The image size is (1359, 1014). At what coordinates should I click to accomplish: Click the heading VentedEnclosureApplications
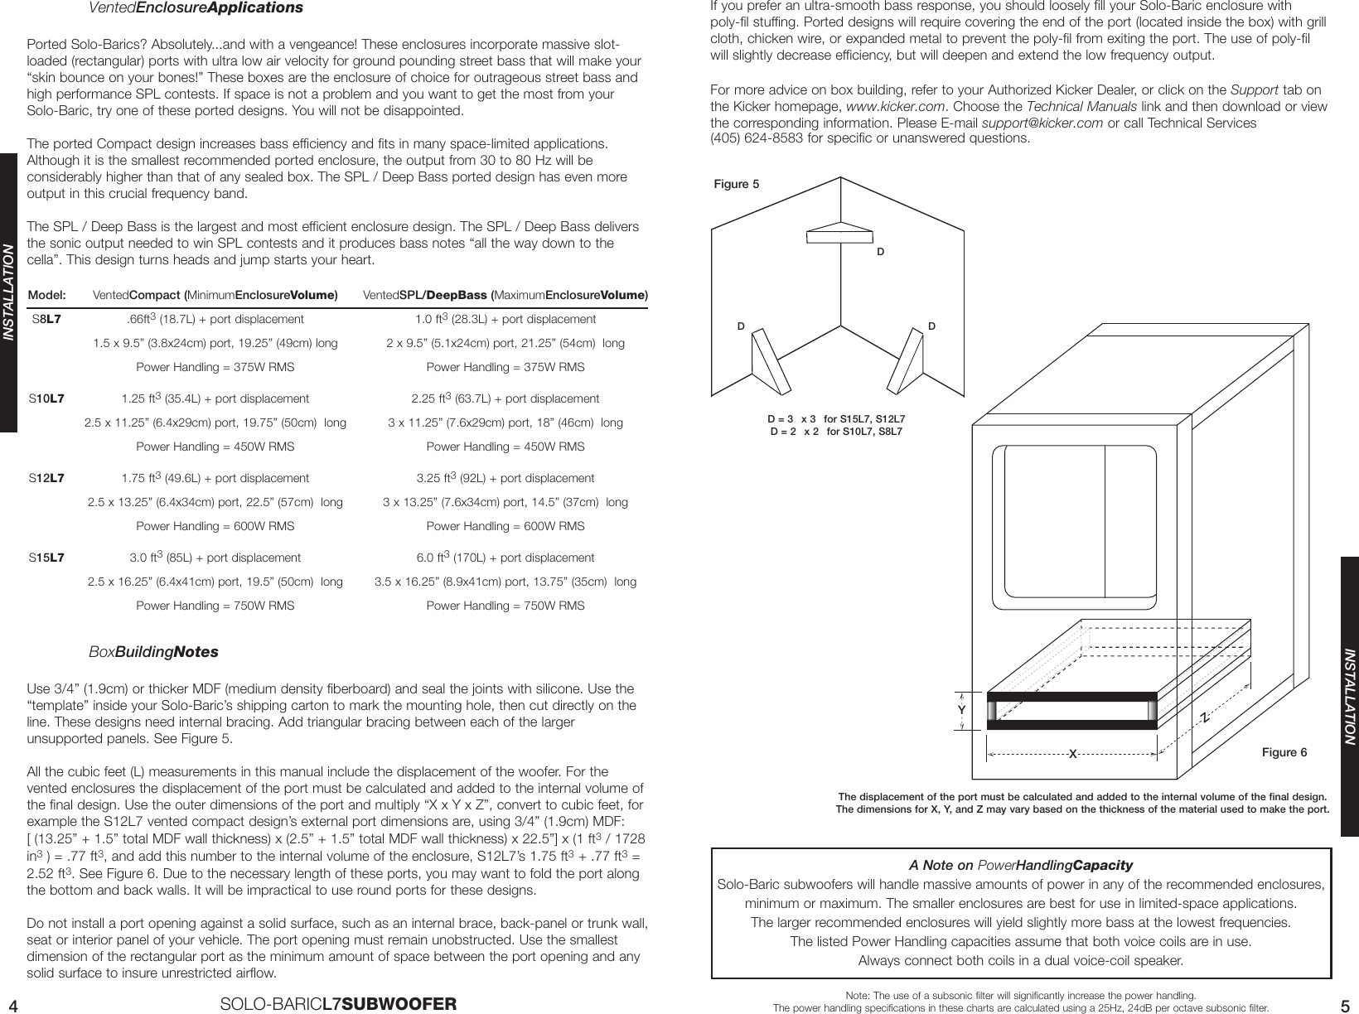(196, 8)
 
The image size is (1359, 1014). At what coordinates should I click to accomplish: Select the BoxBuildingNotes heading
(153, 652)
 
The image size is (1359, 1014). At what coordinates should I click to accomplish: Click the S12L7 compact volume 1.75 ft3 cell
(215, 478)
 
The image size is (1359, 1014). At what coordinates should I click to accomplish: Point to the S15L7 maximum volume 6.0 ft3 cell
(505, 558)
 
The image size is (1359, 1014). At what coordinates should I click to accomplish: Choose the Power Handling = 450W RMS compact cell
(215, 447)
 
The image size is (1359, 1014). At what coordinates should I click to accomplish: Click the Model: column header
(46, 295)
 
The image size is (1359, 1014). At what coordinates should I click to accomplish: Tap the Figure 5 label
(736, 185)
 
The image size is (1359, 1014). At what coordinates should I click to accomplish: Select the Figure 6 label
(1284, 752)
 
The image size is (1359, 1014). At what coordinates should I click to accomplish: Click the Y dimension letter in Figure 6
(961, 710)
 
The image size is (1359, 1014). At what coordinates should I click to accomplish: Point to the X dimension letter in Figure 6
(1072, 754)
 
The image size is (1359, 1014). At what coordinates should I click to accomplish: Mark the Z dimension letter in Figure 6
(1207, 716)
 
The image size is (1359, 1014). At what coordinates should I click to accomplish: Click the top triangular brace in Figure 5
(840, 233)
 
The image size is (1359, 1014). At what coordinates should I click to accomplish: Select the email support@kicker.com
(1042, 123)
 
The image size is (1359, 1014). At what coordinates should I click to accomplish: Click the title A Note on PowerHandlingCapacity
(1020, 866)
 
